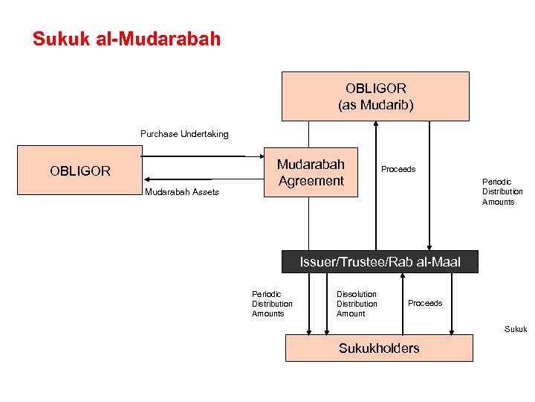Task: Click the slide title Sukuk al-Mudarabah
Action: click(126, 39)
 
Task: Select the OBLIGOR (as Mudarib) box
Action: click(375, 96)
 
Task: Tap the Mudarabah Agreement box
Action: click(311, 172)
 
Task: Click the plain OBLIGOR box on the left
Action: click(80, 171)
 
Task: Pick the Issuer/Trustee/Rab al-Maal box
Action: click(380, 261)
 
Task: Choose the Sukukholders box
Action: click(379, 348)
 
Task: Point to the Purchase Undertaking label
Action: click(184, 134)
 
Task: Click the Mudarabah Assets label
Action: click(182, 192)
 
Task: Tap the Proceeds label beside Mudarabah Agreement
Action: click(398, 169)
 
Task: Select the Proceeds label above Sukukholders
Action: click(425, 303)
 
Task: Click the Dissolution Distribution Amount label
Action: click(357, 304)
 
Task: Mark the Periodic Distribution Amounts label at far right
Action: click(502, 191)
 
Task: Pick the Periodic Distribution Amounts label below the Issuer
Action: click(272, 304)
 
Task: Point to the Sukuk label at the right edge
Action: click(516, 328)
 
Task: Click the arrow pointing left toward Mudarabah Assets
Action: click(178, 179)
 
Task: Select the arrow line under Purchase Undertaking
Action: click(193, 156)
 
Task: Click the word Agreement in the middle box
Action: click(311, 181)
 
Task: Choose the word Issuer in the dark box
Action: click(317, 261)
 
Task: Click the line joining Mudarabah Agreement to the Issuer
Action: click(308, 223)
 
